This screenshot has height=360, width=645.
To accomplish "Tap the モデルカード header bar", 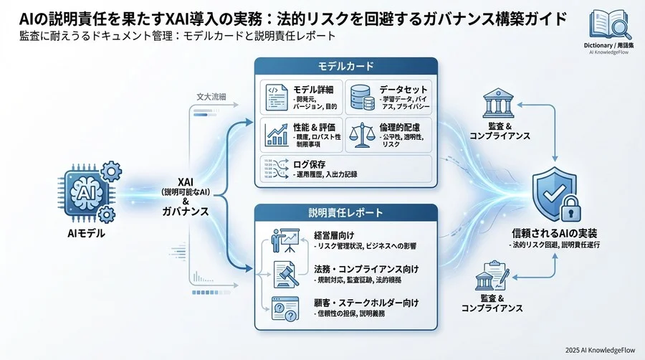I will [346, 67].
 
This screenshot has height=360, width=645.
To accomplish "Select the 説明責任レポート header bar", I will [346, 213].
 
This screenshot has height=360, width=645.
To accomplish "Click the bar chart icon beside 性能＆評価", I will [277, 134].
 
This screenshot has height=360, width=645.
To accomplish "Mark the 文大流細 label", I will [211, 96].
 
